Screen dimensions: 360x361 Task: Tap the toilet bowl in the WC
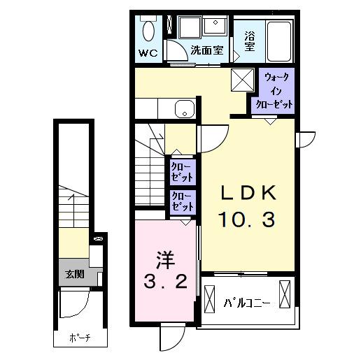148,31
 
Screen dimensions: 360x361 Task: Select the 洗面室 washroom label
208,50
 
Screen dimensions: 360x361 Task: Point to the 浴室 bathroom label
250,41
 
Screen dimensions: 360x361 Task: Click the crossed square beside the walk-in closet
243,80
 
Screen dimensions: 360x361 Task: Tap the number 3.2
164,282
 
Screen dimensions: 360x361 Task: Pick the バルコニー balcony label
246,303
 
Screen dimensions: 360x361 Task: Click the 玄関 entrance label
75,275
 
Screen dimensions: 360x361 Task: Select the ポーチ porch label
79,338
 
